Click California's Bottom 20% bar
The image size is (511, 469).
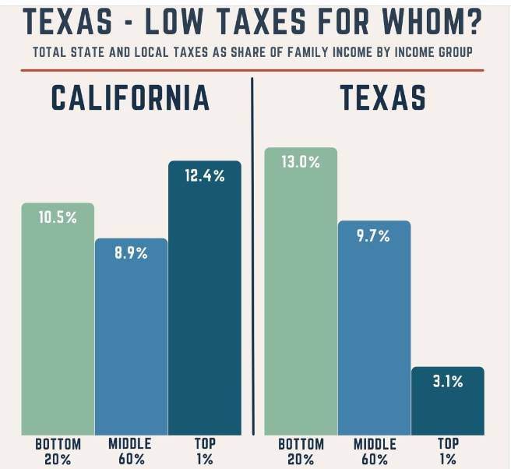[x=58, y=327]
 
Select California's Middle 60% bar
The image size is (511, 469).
[x=131, y=343]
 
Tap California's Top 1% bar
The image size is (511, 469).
[x=205, y=304]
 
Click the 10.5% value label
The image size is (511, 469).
[x=58, y=218]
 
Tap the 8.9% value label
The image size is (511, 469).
[x=131, y=253]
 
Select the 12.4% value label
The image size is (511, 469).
[x=205, y=176]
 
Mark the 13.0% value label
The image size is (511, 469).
[x=301, y=163]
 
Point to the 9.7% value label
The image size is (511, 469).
[x=374, y=236]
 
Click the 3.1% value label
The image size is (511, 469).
[x=447, y=382]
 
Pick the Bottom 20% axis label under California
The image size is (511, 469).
[x=58, y=451]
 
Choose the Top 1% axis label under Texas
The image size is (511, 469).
[x=447, y=451]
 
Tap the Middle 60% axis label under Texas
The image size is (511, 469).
[x=374, y=451]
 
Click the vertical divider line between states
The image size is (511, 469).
[x=253, y=257]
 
